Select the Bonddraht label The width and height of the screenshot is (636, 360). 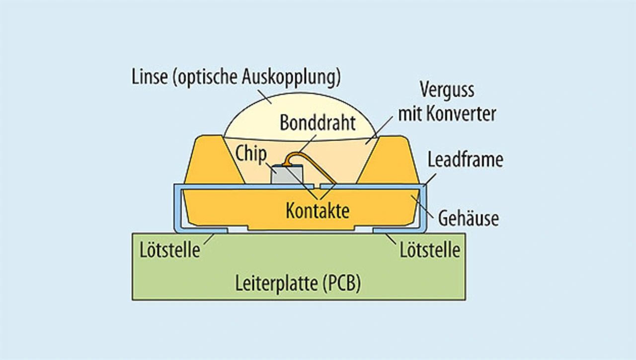point(318,123)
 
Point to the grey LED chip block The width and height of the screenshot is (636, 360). point(287,175)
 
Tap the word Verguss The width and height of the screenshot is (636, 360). point(447,91)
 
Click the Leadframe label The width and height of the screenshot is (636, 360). point(465,160)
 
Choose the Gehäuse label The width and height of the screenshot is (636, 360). point(469,218)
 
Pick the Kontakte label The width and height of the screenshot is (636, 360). point(318,211)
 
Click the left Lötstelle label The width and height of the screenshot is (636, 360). point(169,250)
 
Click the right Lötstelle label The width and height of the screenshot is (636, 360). point(430,250)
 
